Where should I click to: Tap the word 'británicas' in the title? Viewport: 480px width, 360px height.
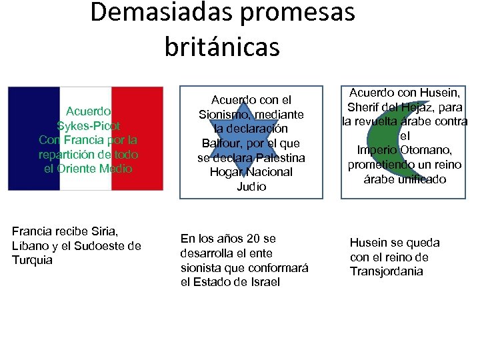coord(222,47)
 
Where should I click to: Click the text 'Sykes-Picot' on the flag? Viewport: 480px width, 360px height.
coord(89,126)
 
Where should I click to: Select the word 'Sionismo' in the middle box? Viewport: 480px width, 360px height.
coord(224,115)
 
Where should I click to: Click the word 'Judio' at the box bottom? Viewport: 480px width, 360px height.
coord(251,187)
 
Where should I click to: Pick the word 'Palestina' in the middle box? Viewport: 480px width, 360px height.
coord(278,158)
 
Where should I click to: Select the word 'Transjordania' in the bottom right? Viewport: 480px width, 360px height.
coord(386,271)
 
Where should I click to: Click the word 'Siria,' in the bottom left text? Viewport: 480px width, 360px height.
coord(103,231)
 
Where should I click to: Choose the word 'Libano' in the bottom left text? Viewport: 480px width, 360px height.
coord(29,246)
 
